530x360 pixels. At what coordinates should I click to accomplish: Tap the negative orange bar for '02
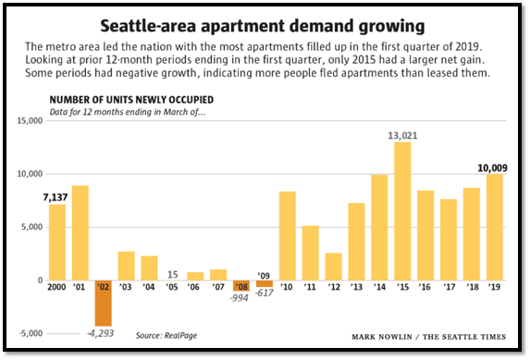point(103,303)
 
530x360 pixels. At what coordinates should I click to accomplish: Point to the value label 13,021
point(402,134)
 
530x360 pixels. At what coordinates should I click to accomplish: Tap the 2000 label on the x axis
point(57,288)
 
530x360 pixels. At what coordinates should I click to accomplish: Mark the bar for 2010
point(287,236)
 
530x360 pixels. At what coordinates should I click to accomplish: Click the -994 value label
point(240,311)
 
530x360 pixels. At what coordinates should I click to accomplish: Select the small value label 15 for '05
point(172,273)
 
